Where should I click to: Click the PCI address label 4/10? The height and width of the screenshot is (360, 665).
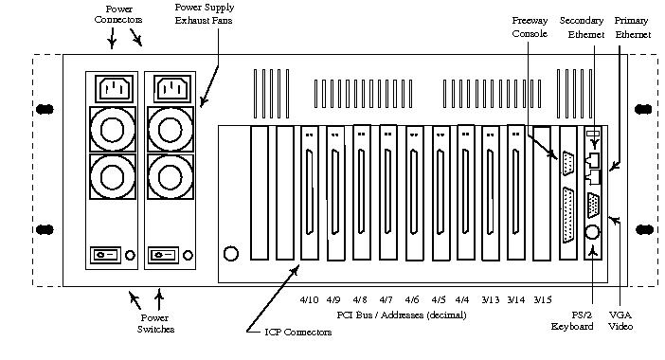tap(309, 299)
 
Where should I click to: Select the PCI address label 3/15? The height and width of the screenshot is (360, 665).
tap(543, 299)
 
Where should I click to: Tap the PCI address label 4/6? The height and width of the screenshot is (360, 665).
tap(412, 299)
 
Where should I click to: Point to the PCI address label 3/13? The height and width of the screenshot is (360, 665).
tap(491, 299)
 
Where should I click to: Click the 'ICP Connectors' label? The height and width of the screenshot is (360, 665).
tap(298, 332)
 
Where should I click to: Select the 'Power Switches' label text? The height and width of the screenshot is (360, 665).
tap(155, 323)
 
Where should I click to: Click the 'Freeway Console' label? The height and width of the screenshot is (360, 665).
tap(530, 27)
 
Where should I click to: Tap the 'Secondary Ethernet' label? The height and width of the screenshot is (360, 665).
tap(582, 27)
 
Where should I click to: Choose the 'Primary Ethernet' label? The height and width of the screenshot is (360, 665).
tap(633, 27)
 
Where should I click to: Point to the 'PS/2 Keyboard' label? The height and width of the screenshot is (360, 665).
tap(572, 320)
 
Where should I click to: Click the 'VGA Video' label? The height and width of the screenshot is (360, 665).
tap(620, 320)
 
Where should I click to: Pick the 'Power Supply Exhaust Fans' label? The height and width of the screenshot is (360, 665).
tap(204, 13)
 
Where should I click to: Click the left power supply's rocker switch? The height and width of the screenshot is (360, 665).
tap(105, 255)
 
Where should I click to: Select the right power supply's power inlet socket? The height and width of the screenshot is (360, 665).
tap(172, 89)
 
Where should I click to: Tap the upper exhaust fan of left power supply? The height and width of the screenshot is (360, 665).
tap(113, 130)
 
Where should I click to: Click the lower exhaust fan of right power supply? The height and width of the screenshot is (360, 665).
tap(171, 176)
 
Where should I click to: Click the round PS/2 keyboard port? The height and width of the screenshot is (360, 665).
tap(592, 232)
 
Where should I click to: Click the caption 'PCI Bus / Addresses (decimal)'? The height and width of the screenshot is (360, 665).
tap(402, 315)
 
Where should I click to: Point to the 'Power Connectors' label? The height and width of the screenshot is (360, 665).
tap(117, 14)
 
